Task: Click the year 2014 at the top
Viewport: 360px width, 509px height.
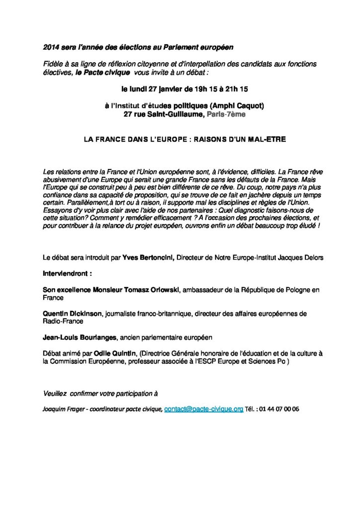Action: (x=50, y=47)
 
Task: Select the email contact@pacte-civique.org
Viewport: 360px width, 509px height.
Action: (x=203, y=409)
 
